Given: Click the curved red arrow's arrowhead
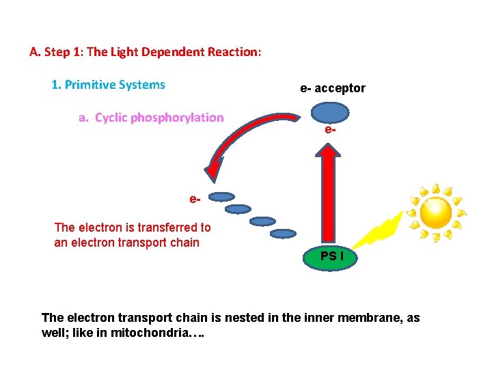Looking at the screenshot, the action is point(213,170).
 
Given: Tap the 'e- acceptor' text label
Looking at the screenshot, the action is point(333,88).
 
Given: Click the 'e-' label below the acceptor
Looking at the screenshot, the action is point(331,128).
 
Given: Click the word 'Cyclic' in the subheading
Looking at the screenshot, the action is point(110,118).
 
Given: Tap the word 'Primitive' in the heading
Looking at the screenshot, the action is point(90,85).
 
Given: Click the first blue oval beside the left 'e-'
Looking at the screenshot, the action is point(221,197).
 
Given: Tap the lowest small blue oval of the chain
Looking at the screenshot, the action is point(284,234).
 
